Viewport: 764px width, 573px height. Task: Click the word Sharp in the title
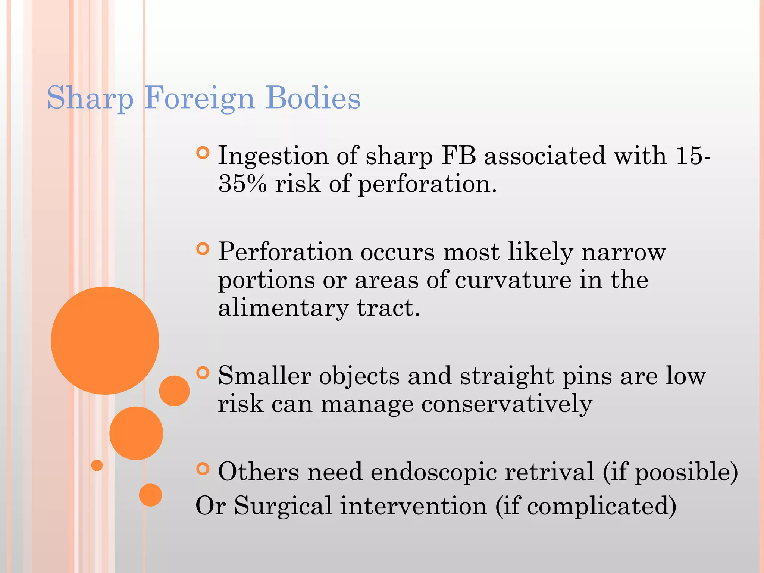[x=90, y=98]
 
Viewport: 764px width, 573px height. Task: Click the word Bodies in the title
[x=313, y=98]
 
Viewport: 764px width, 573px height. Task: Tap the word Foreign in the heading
[x=199, y=98]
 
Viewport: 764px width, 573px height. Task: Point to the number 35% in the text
[x=242, y=184]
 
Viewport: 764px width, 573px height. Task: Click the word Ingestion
[x=273, y=156]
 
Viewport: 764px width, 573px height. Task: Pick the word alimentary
[x=283, y=308]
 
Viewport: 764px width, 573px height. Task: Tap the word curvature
[x=513, y=280]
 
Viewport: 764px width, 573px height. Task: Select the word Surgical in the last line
[x=283, y=506]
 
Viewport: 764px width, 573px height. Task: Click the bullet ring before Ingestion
[x=203, y=153]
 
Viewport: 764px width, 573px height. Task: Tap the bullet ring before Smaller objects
[x=203, y=373]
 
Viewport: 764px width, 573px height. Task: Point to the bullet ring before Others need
[x=203, y=469]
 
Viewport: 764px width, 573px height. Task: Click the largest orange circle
[x=105, y=340]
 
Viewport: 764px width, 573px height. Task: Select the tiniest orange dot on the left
[x=97, y=465]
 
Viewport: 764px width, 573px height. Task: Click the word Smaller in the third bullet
[x=264, y=376]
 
